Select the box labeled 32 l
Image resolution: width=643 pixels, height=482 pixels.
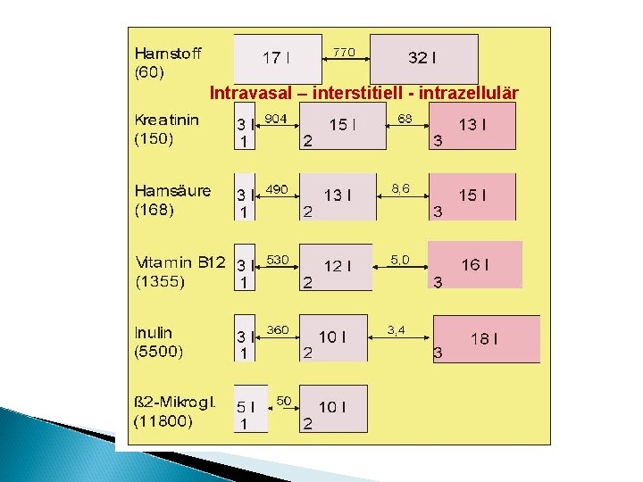coord(423,59)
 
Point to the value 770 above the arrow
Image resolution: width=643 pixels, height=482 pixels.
coord(345,53)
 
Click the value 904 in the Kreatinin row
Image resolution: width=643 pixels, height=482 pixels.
coord(276,119)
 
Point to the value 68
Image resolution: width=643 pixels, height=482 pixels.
coord(405,119)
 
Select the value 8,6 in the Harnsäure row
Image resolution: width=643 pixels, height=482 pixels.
coord(401,189)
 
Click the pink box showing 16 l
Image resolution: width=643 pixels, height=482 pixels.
coord(475,265)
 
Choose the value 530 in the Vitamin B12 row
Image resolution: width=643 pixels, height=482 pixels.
coord(278,260)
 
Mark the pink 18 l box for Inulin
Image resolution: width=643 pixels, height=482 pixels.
coord(485,338)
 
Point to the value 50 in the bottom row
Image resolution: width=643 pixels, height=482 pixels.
coord(284,399)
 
